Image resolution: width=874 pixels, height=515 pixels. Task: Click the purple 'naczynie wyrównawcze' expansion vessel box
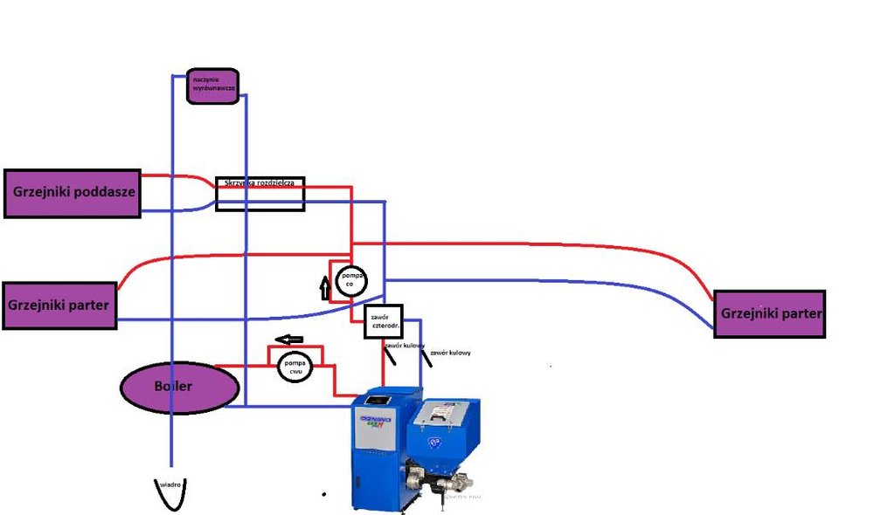click(x=212, y=86)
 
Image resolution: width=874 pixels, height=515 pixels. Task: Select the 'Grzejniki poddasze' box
click(x=73, y=193)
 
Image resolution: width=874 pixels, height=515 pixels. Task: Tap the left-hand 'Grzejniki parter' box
click(x=59, y=306)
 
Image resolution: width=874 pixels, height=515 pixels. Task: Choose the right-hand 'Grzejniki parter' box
click(x=769, y=313)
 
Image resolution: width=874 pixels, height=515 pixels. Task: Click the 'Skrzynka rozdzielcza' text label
click(x=260, y=183)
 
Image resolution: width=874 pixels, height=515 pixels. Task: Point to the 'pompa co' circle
click(x=352, y=278)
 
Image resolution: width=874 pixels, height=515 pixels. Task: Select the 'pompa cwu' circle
click(x=295, y=367)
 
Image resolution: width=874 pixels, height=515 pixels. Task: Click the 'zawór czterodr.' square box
click(x=382, y=320)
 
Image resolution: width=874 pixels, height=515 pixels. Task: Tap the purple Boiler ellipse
click(x=179, y=386)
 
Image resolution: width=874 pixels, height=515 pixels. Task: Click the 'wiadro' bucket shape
click(x=171, y=494)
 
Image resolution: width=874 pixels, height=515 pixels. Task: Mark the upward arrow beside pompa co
click(x=326, y=285)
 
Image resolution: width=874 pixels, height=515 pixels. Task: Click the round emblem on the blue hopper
click(x=432, y=443)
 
